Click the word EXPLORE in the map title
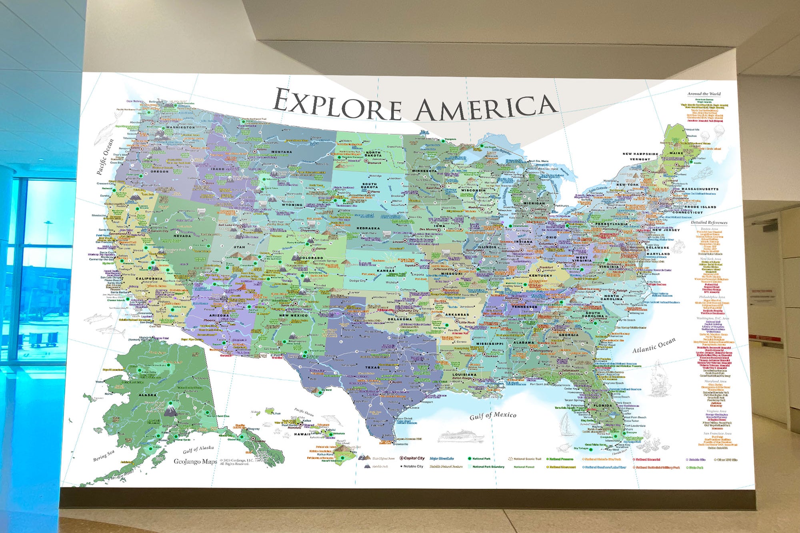[337, 104]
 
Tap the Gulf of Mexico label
[492, 415]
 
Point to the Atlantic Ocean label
[654, 345]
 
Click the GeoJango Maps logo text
[195, 461]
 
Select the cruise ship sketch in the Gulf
[460, 435]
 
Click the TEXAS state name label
[372, 367]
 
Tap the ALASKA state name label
[148, 395]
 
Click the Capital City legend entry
[414, 458]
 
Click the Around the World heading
[704, 94]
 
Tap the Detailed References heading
[709, 222]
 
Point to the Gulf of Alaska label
[198, 449]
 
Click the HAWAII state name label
[302, 434]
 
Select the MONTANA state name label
[282, 152]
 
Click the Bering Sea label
[104, 455]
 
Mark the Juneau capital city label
[260, 441]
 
